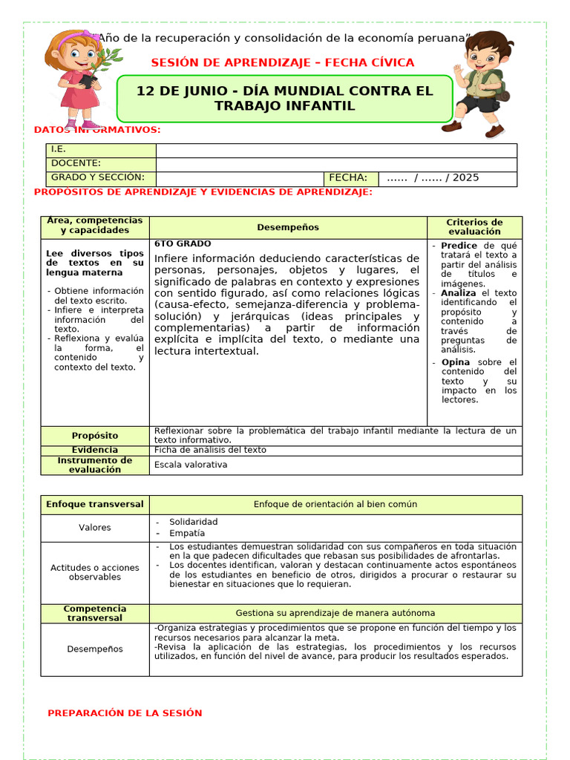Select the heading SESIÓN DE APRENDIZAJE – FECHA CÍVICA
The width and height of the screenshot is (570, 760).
click(283, 63)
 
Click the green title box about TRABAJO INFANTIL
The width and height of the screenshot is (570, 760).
click(284, 98)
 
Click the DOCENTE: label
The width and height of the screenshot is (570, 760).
click(76, 163)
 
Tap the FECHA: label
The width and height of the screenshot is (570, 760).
click(348, 178)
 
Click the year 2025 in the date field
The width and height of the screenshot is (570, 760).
click(465, 178)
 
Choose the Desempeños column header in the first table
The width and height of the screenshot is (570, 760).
click(288, 227)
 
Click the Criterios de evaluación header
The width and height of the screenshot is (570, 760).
click(474, 227)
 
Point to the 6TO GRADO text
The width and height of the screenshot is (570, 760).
click(183, 244)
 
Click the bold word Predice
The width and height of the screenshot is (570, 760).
click(459, 246)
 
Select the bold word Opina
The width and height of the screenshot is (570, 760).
click(456, 362)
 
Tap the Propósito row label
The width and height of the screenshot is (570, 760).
click(95, 436)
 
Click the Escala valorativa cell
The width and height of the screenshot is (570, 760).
click(191, 465)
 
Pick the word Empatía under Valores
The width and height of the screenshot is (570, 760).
click(187, 534)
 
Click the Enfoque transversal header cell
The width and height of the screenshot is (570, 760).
click(95, 505)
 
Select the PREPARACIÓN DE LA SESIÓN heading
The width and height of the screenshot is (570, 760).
click(125, 713)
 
